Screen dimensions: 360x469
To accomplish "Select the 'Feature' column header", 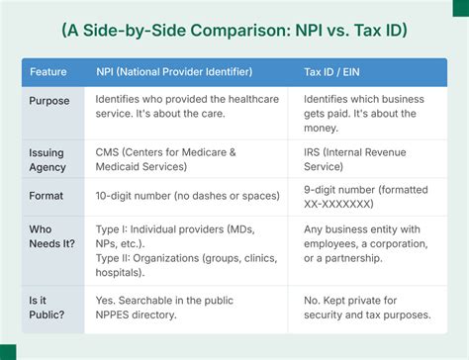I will tap(47, 73).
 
